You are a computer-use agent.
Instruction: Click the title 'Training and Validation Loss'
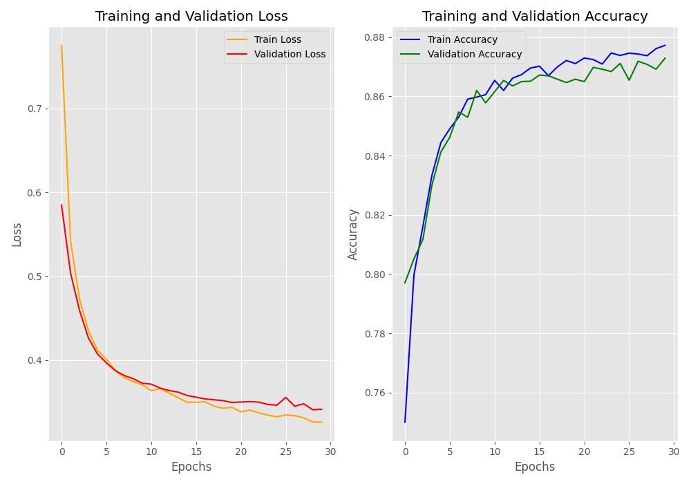tap(191, 16)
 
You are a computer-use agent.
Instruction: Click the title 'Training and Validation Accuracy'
tap(535, 16)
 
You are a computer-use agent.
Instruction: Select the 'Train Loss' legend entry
tap(277, 40)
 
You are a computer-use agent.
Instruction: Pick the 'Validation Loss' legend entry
tap(290, 54)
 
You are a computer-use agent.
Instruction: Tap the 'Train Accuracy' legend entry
tap(462, 40)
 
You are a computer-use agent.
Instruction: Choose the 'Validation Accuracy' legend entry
tap(475, 54)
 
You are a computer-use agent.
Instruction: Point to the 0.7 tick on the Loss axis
tap(35, 109)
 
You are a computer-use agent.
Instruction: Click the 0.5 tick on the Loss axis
tap(35, 277)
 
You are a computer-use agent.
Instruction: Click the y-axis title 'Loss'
tap(17, 234)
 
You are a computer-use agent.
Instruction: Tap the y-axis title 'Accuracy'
tap(353, 234)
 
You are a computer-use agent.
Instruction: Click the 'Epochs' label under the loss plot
tap(191, 467)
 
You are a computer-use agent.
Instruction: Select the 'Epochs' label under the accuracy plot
tap(535, 467)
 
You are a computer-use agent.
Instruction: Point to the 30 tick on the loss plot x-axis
tap(331, 452)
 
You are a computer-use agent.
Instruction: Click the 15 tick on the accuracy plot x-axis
tap(540, 452)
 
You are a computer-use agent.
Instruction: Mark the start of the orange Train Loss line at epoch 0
tap(61, 46)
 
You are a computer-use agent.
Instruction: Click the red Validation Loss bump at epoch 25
tap(286, 398)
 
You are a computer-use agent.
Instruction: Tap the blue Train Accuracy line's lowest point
tap(405, 422)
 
